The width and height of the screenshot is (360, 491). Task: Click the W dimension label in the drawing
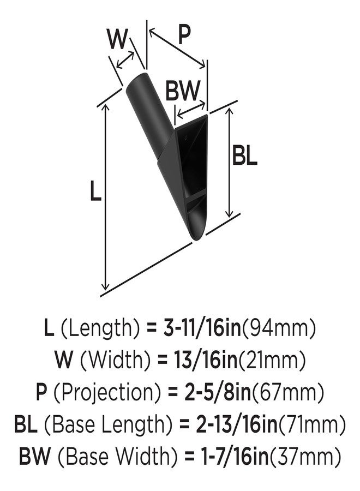(117, 39)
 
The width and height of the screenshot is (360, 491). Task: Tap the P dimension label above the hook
(184, 34)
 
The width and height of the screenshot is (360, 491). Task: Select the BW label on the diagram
(182, 90)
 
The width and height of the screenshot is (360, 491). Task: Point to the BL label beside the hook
(244, 155)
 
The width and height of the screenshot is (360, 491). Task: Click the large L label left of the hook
(95, 190)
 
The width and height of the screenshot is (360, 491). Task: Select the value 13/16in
(205, 360)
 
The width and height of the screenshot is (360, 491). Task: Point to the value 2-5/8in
(218, 392)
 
